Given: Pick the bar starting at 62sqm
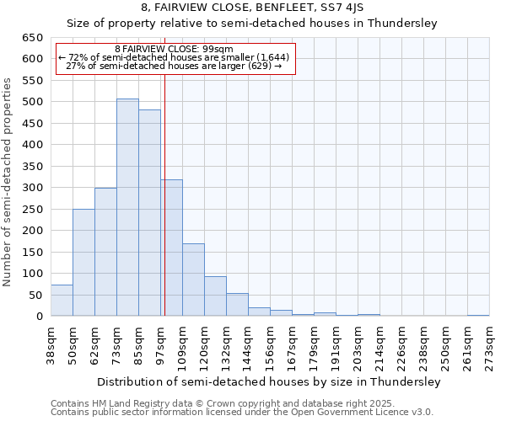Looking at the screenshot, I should pos(105,252).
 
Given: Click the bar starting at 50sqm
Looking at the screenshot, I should pos(83,263).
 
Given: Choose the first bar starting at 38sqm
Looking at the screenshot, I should pos(62,301).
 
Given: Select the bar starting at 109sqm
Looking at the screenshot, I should pos(193,280).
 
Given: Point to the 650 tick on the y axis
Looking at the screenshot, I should pos(33,38).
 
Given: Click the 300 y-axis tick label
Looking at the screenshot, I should pos(33,188).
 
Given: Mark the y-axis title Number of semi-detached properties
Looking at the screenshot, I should pos(8,182).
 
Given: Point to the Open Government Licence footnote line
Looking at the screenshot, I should pos(242,413).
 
